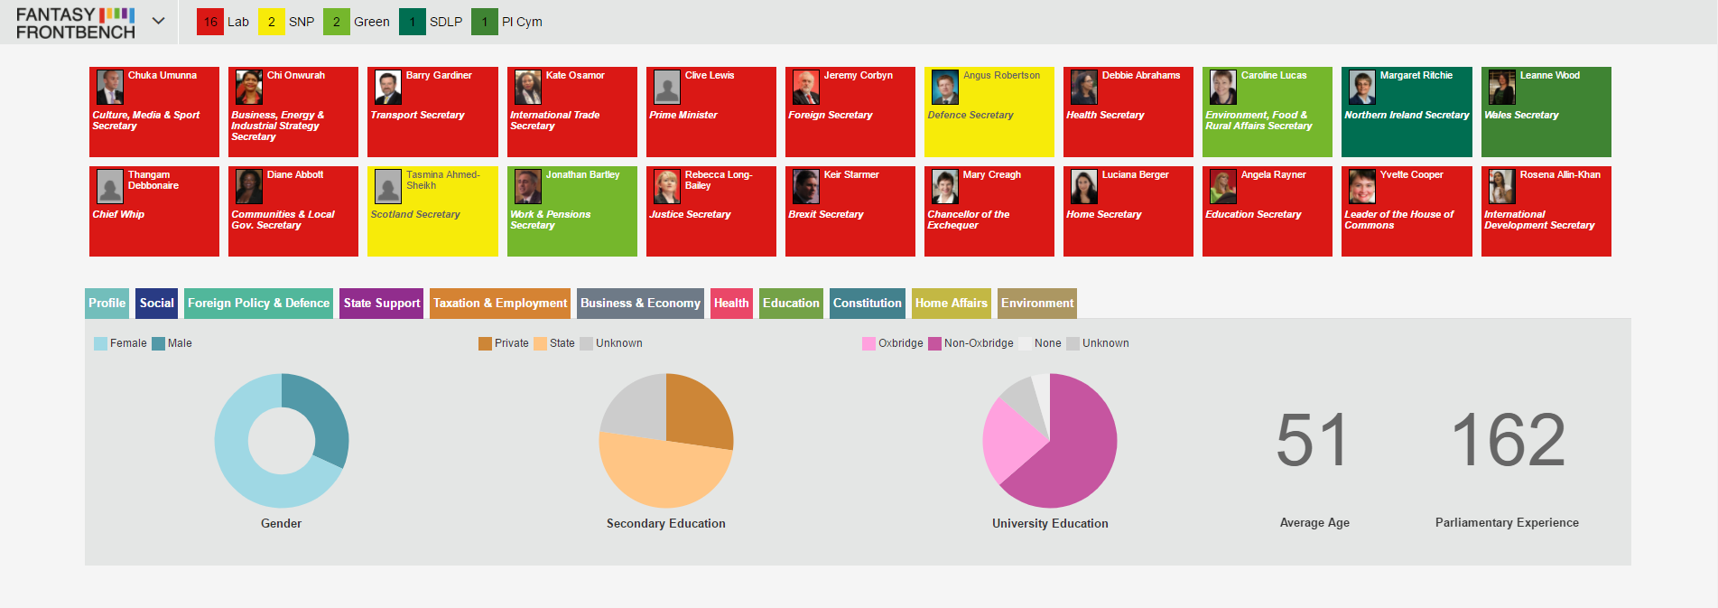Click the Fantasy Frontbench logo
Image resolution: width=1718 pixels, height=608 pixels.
point(76,23)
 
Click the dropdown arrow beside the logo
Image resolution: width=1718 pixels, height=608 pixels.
point(159,21)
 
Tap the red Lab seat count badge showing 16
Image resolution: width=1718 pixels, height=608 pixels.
point(210,22)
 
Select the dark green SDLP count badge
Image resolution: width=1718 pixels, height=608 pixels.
point(413,22)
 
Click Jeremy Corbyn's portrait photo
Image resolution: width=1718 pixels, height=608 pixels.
point(806,88)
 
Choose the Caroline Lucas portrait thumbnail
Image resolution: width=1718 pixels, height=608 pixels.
point(1223,88)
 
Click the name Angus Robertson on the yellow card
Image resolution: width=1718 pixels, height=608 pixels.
point(1001,75)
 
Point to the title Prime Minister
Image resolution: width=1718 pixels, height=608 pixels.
point(683,115)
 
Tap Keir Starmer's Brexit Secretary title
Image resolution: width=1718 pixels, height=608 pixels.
point(826,214)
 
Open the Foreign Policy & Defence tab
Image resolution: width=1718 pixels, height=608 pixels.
point(258,303)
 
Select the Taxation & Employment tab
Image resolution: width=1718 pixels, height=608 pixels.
point(500,303)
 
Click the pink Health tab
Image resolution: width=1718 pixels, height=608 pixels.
point(731,303)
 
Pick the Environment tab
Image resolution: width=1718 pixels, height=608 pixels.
point(1037,303)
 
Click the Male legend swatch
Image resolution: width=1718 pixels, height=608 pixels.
point(159,343)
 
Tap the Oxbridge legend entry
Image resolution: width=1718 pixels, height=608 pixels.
point(893,343)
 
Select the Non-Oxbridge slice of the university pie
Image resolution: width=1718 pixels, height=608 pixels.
point(1070,452)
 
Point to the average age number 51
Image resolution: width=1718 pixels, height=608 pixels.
point(1313,440)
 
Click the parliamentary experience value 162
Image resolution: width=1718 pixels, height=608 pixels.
point(1508,440)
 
